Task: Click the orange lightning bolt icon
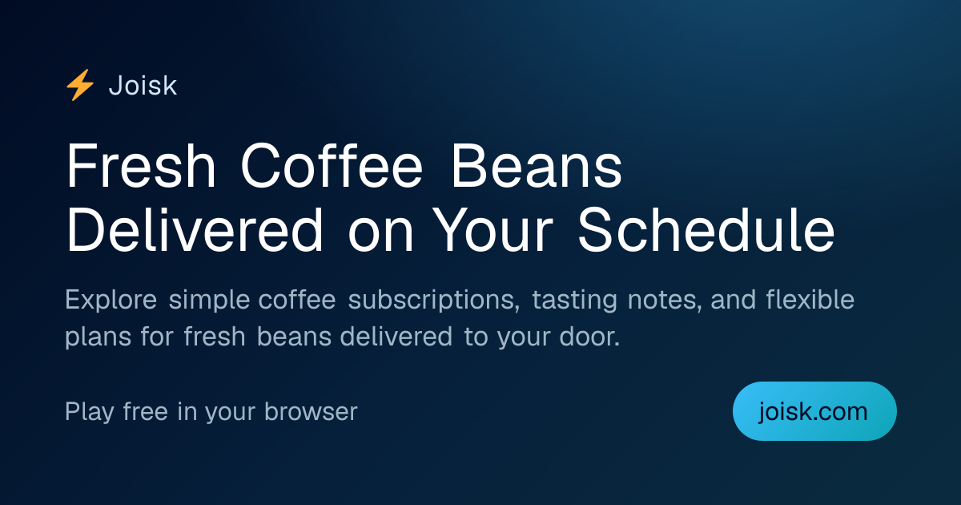[80, 85]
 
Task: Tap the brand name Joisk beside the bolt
[143, 86]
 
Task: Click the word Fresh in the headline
[140, 166]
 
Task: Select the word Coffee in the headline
[332, 166]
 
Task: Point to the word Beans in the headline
[537, 166]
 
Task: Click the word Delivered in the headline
[194, 230]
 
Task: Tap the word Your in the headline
[493, 231]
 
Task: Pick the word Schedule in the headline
[706, 230]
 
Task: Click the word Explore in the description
[111, 300]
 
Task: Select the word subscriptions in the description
[434, 300]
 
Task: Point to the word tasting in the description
[575, 300]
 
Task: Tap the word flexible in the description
[810, 299]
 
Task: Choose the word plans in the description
[99, 337]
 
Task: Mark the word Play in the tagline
[90, 412]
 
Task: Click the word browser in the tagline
[311, 411]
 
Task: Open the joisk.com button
[814, 411]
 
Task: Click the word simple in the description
[209, 300]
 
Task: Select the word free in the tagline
[145, 411]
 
